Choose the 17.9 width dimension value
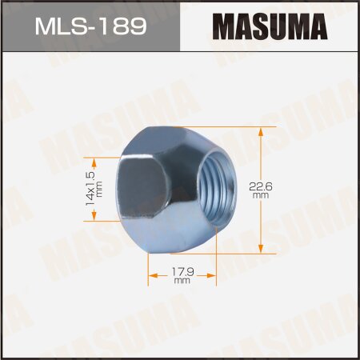pyautogui.click(x=182, y=271)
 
